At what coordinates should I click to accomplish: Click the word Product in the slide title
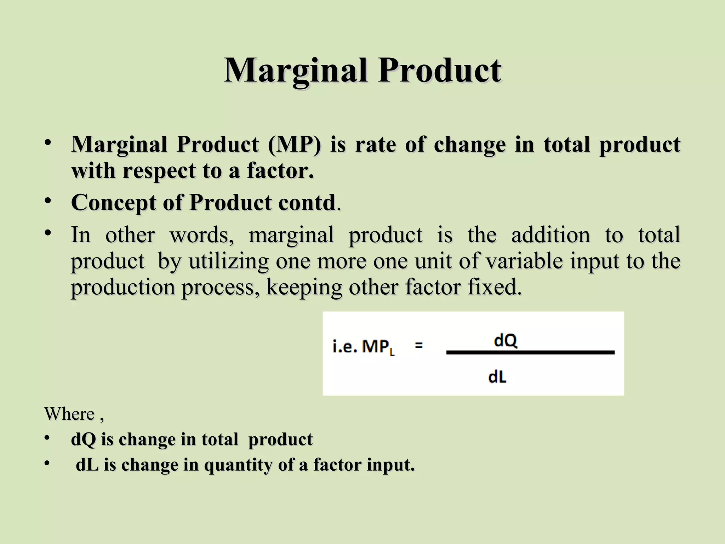tap(440, 71)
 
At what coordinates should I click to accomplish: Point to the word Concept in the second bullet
tap(114, 203)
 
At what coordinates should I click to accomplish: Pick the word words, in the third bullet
tap(202, 235)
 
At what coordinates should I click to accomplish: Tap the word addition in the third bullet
tap(550, 235)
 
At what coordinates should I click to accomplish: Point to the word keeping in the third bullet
tap(304, 287)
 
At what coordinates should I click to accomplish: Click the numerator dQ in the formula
tap(506, 341)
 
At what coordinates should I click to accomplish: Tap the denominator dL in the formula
tap(497, 378)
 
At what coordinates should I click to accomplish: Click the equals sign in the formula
tap(418, 345)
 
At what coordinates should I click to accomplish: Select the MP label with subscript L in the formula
tap(378, 347)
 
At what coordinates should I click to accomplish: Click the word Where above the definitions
tap(69, 414)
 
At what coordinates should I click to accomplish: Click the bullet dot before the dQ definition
tap(47, 438)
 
